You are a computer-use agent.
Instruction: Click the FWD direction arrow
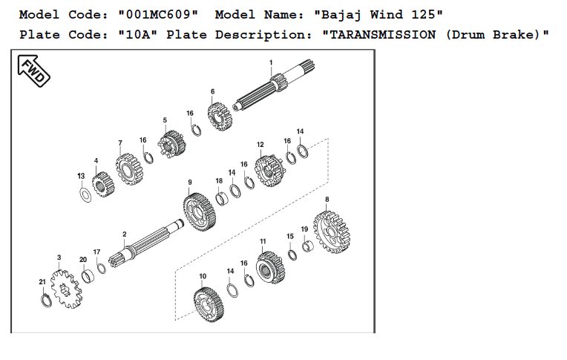pyautogui.click(x=33, y=71)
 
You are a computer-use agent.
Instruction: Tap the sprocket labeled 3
pyautogui.click(x=66, y=289)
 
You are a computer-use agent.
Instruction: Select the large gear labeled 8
pyautogui.click(x=332, y=232)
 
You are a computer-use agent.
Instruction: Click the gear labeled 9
pyautogui.click(x=199, y=212)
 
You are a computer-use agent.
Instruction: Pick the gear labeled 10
pyautogui.click(x=209, y=304)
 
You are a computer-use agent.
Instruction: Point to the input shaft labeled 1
pyautogui.click(x=274, y=86)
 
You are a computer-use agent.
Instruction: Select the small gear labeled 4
pyautogui.click(x=103, y=184)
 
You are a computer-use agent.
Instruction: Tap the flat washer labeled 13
pyautogui.click(x=85, y=195)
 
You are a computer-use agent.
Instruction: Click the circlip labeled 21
pyautogui.click(x=46, y=301)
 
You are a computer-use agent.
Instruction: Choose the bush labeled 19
pyautogui.click(x=308, y=246)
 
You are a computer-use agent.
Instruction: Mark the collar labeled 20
pyautogui.click(x=87, y=276)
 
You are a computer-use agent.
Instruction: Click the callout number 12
pyautogui.click(x=260, y=145)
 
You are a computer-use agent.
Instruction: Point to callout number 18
pyautogui.click(x=219, y=181)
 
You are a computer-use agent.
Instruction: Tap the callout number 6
pyautogui.click(x=212, y=91)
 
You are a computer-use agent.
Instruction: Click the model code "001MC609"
pyautogui.click(x=158, y=14)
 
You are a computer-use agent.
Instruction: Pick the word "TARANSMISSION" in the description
pyautogui.click(x=383, y=35)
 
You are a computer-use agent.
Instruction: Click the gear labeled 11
pyautogui.click(x=270, y=267)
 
